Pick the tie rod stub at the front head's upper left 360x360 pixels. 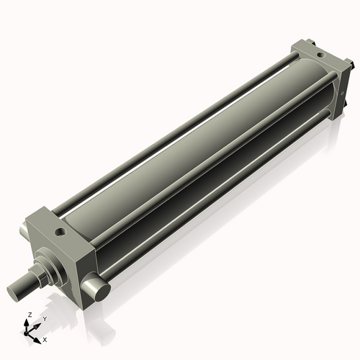click(x=24, y=229)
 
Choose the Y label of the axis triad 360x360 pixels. click(x=44, y=318)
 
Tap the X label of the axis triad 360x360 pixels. click(x=45, y=338)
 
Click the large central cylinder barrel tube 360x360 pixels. click(x=187, y=158)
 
